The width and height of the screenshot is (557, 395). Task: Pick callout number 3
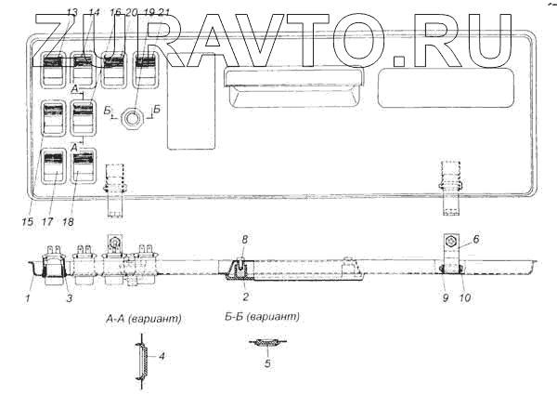[x=71, y=297]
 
